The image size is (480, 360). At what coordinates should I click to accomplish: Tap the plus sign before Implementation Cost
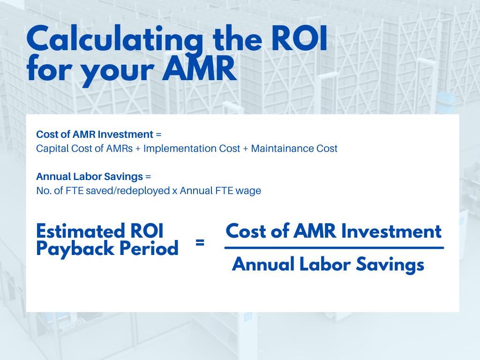tap(136, 149)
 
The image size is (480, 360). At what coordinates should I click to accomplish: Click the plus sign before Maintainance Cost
tap(244, 149)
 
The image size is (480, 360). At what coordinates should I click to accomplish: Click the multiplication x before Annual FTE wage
tap(174, 191)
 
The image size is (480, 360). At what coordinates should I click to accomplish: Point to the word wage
tap(248, 191)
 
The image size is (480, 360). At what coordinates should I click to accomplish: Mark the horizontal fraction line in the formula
tap(334, 247)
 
